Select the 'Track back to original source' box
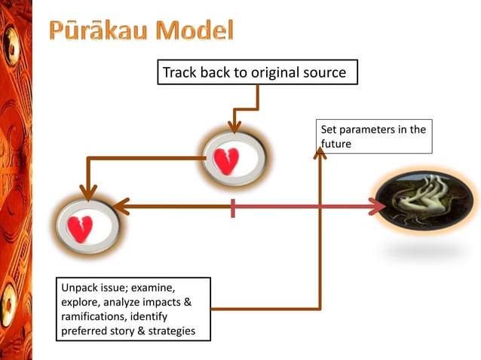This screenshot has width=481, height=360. tap(256, 73)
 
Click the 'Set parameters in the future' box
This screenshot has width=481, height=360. tap(373, 136)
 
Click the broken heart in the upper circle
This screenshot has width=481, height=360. tap(227, 160)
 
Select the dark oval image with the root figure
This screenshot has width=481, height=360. tap(425, 205)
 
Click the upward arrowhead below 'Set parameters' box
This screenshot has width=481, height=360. tap(320, 153)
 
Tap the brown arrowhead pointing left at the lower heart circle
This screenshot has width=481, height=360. tap(121, 206)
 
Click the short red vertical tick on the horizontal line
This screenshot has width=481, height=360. tap(234, 207)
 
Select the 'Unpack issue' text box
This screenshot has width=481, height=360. tap(133, 309)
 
